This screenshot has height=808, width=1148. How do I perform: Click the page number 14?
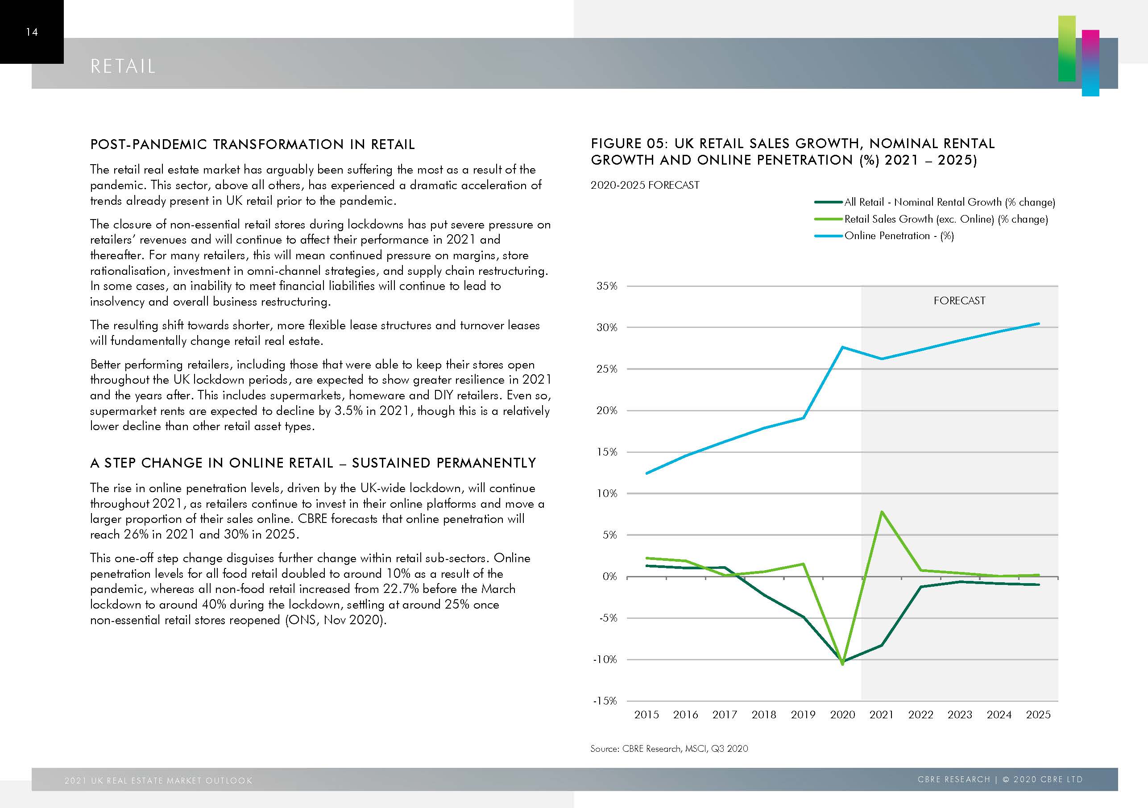(x=32, y=32)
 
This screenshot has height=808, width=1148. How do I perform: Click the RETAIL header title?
(x=123, y=66)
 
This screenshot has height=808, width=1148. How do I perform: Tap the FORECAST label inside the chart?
(x=959, y=301)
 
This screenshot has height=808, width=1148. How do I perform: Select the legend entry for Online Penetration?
(x=899, y=236)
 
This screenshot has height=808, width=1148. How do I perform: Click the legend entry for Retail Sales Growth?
(x=945, y=219)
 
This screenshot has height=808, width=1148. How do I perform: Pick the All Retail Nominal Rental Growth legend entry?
(x=949, y=202)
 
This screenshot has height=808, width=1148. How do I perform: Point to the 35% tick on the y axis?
(x=606, y=286)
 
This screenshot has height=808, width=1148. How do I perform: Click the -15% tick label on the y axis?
(x=605, y=700)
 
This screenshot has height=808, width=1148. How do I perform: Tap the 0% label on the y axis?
(x=609, y=576)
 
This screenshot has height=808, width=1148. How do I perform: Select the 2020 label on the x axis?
(x=842, y=714)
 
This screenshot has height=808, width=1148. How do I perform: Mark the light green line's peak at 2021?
(x=882, y=511)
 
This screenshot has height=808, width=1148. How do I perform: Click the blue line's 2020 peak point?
(x=843, y=347)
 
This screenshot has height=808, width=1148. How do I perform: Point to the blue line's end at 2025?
(x=1039, y=323)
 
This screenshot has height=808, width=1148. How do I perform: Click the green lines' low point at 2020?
(x=843, y=663)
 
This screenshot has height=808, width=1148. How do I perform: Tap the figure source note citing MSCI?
(x=669, y=749)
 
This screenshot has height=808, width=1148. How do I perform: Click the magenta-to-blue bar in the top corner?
(x=1090, y=62)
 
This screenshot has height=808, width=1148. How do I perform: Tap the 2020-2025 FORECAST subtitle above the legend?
(x=645, y=185)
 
